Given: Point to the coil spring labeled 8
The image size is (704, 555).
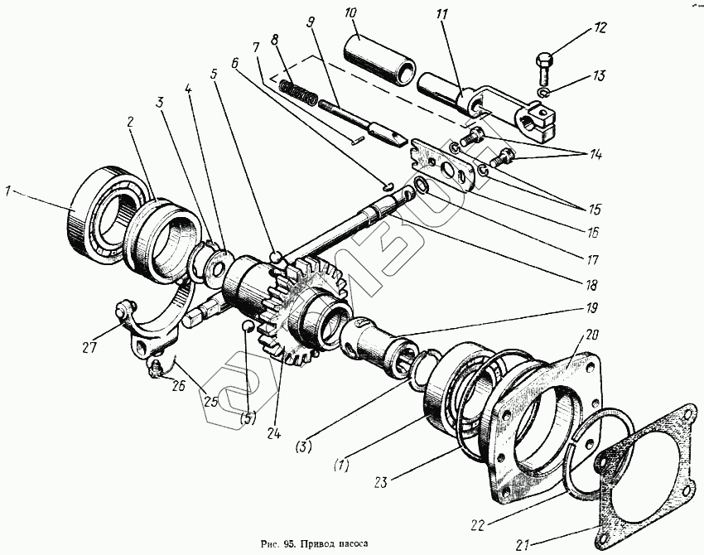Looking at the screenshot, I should [x=299, y=89].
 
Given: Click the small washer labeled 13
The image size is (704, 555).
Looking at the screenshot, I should [x=543, y=92].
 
